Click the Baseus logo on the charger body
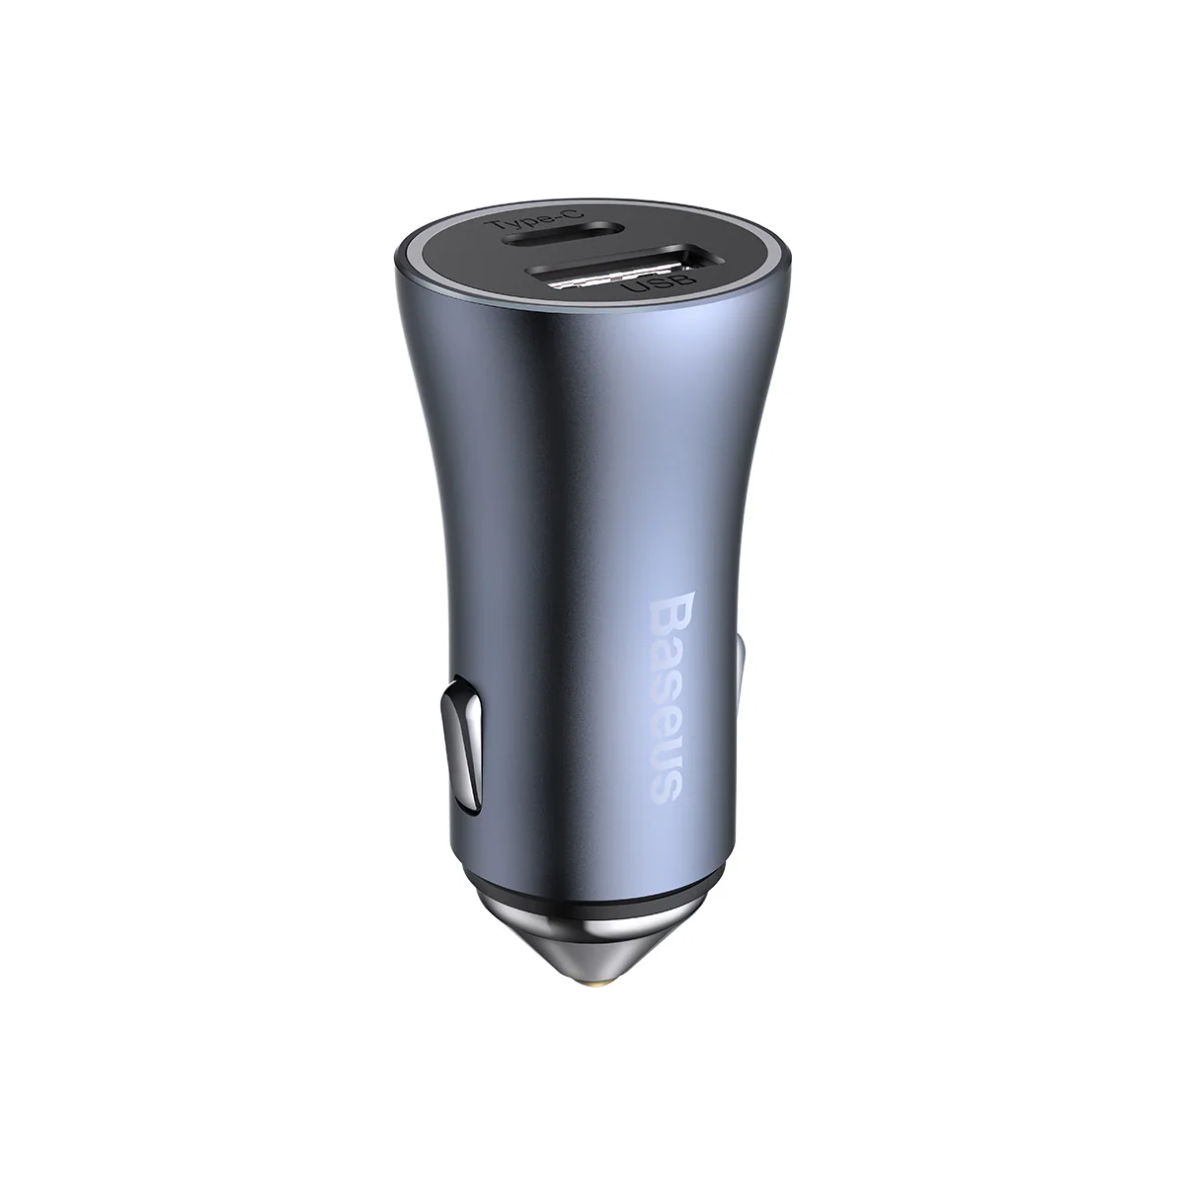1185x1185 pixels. [655, 698]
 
